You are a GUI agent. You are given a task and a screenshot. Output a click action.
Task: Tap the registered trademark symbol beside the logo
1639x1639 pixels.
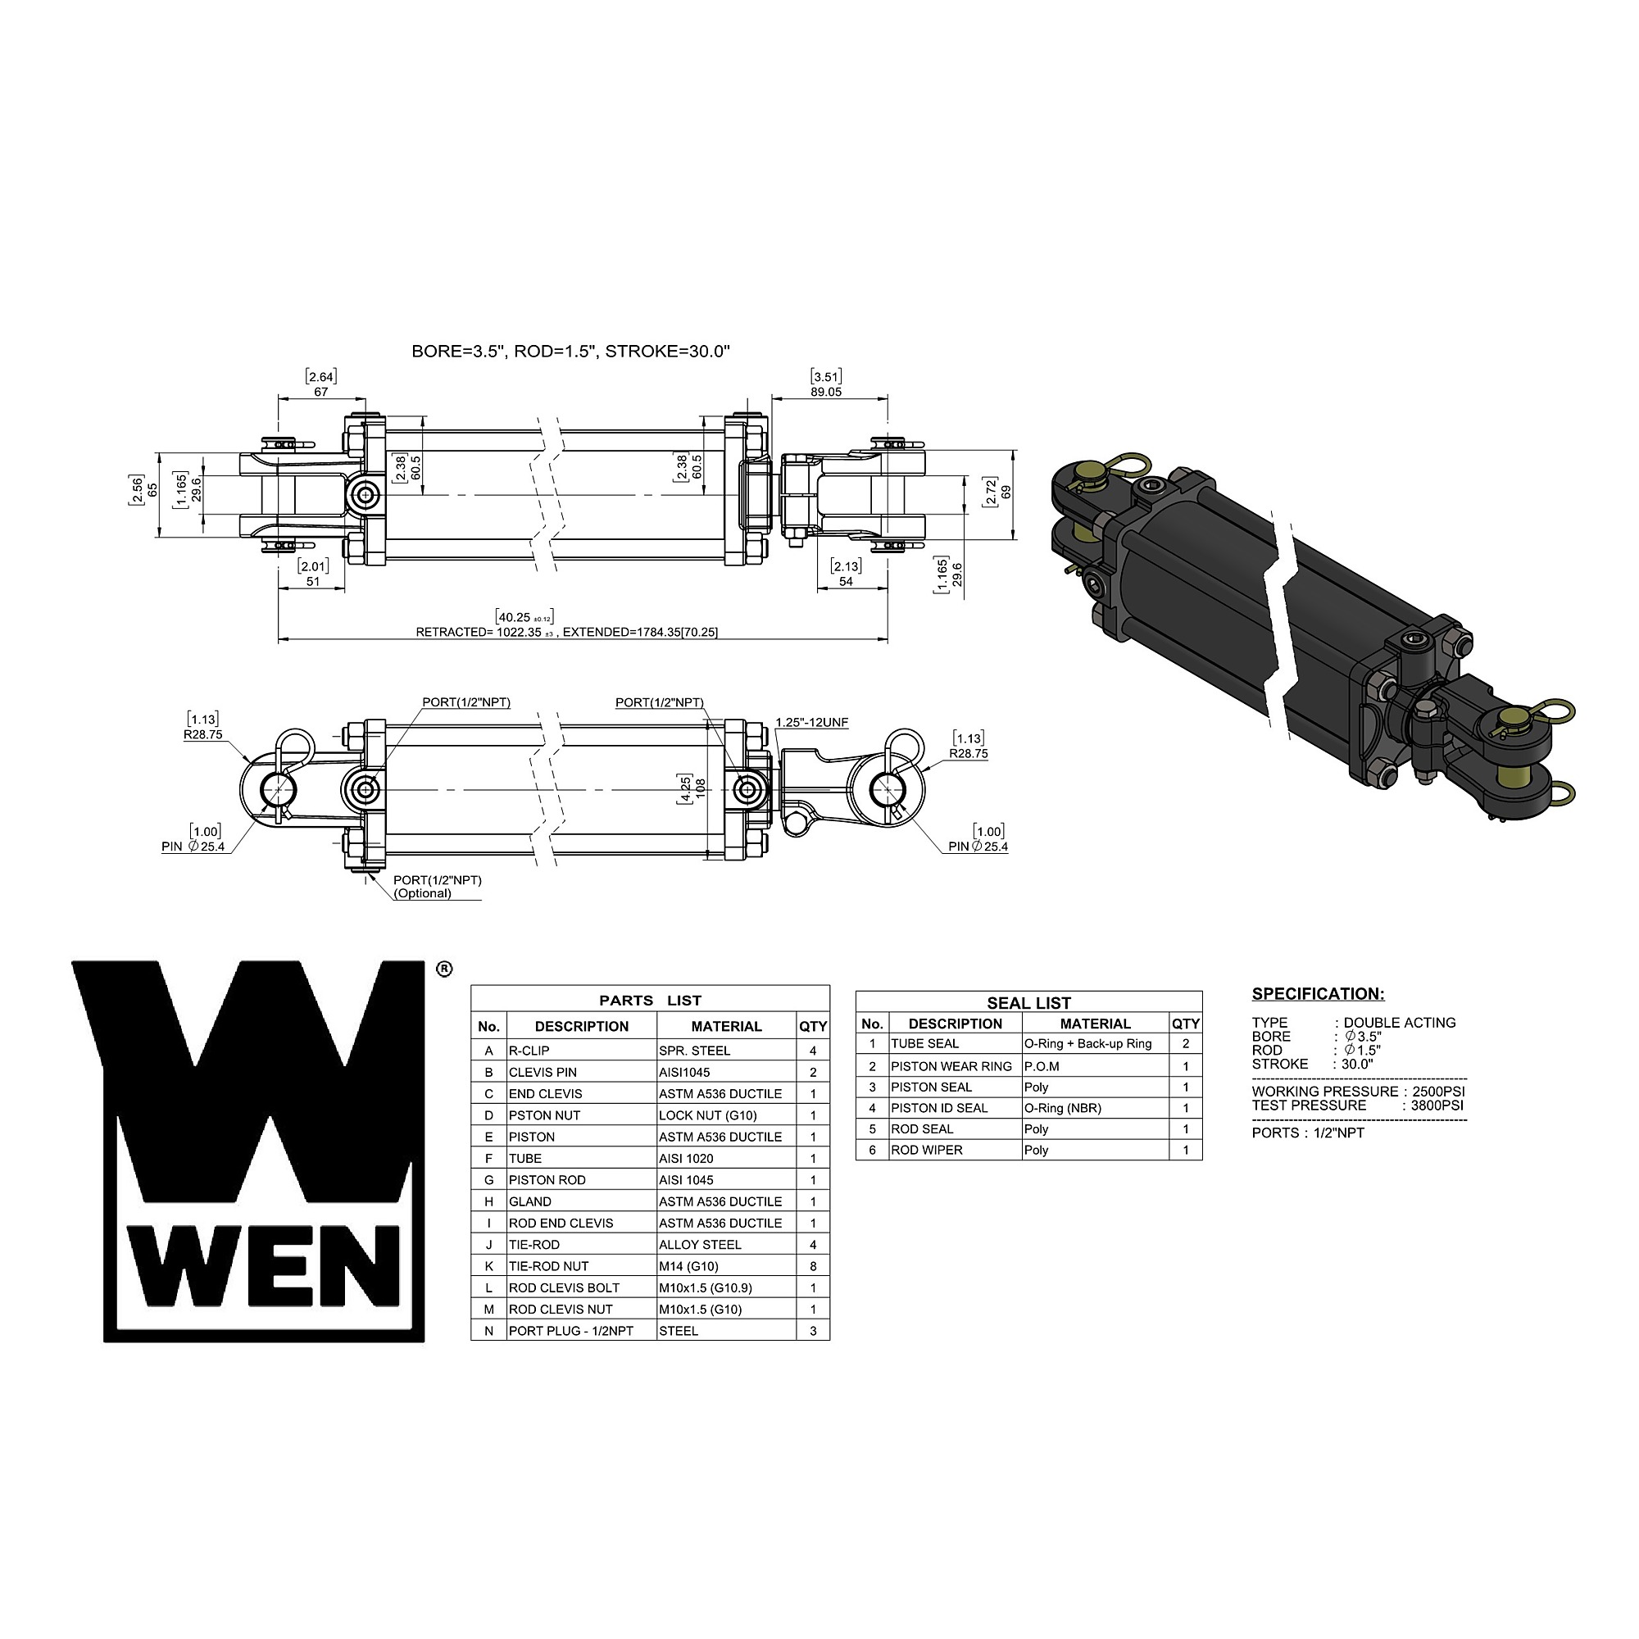coord(443,969)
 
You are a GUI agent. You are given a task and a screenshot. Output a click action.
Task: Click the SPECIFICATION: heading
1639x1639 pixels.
coord(1319,993)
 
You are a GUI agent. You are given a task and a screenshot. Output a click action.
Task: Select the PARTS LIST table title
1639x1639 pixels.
coord(650,1000)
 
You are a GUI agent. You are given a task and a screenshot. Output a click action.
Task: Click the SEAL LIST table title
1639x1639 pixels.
coord(1029,1003)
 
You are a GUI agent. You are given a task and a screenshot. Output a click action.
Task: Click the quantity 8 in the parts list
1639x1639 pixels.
coord(813,1266)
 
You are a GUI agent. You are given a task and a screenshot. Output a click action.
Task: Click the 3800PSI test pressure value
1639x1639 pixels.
coord(1437,1106)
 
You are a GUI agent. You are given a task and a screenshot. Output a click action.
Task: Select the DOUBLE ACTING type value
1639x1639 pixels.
coord(1400,1022)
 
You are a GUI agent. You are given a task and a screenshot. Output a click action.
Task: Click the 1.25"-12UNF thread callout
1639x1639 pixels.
coord(812,723)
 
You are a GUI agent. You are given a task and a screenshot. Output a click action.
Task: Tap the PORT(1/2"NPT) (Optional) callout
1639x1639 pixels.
coord(437,887)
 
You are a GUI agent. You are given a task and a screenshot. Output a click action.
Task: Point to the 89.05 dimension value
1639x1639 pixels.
coord(825,392)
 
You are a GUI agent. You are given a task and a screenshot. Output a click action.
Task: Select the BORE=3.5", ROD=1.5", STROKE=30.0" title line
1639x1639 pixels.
coord(571,352)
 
